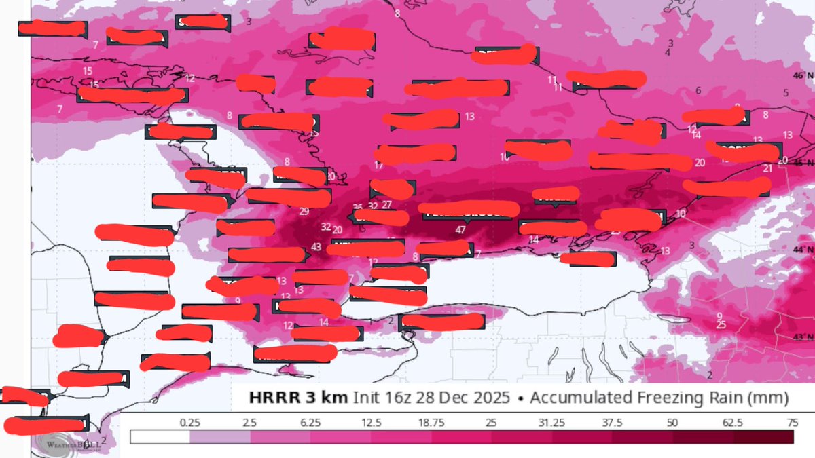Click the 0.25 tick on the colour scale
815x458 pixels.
[189, 422]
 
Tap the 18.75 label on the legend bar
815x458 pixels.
[430, 422]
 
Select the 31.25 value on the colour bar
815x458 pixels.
[551, 422]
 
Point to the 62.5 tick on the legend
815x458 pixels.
[731, 422]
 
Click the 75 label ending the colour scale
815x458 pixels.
[791, 422]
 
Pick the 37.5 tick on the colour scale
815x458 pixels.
[612, 422]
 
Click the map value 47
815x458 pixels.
[460, 230]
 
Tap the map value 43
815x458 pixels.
[316, 246]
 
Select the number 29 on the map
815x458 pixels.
[304, 211]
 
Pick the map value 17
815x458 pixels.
[379, 166]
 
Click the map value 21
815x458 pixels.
[767, 168]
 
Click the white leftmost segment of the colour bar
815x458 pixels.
[160, 437]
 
